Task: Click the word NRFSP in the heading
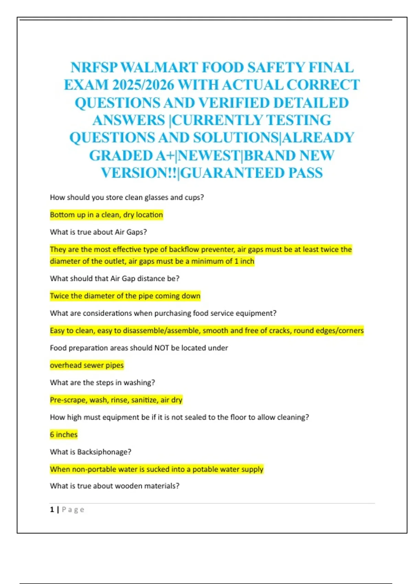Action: click(x=94, y=68)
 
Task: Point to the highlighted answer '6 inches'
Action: click(x=64, y=435)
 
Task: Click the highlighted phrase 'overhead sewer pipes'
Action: click(x=87, y=365)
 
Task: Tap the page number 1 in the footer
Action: click(x=52, y=509)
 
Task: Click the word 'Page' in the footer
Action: click(x=73, y=509)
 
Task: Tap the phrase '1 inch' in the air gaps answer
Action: click(x=244, y=261)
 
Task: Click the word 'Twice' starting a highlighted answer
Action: click(x=59, y=296)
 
